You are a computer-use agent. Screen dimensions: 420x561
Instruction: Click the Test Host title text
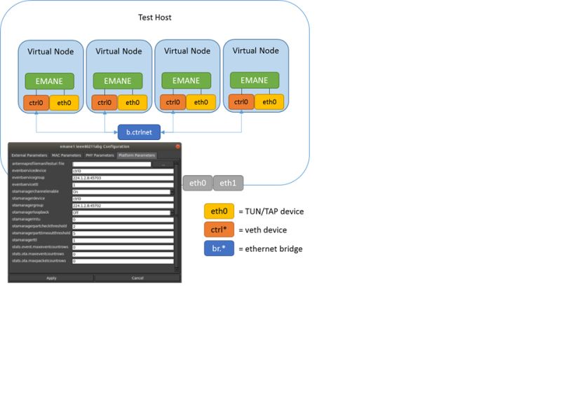[x=154, y=17]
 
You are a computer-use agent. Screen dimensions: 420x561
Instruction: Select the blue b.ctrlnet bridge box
[x=139, y=131]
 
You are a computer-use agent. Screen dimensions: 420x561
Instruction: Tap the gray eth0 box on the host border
[x=198, y=183]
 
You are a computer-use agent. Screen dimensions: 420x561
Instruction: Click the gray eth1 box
[x=228, y=183]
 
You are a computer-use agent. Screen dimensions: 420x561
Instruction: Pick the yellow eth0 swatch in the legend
[x=219, y=211]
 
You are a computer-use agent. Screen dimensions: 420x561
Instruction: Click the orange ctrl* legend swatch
[x=219, y=230]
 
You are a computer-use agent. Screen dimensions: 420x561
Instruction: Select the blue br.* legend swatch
[x=219, y=248]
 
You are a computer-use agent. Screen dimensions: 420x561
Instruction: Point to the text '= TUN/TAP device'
[x=271, y=211]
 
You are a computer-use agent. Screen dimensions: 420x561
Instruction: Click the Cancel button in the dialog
[x=137, y=278]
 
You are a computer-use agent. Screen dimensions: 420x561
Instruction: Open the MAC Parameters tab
[x=66, y=155]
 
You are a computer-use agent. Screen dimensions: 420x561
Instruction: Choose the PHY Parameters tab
[x=100, y=155]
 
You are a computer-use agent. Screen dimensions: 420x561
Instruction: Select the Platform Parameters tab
[x=136, y=155]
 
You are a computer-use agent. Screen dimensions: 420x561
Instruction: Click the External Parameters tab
[x=29, y=155]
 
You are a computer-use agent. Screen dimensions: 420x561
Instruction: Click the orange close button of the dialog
[x=177, y=146]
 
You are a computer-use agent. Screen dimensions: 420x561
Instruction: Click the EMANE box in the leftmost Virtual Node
[x=50, y=81]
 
